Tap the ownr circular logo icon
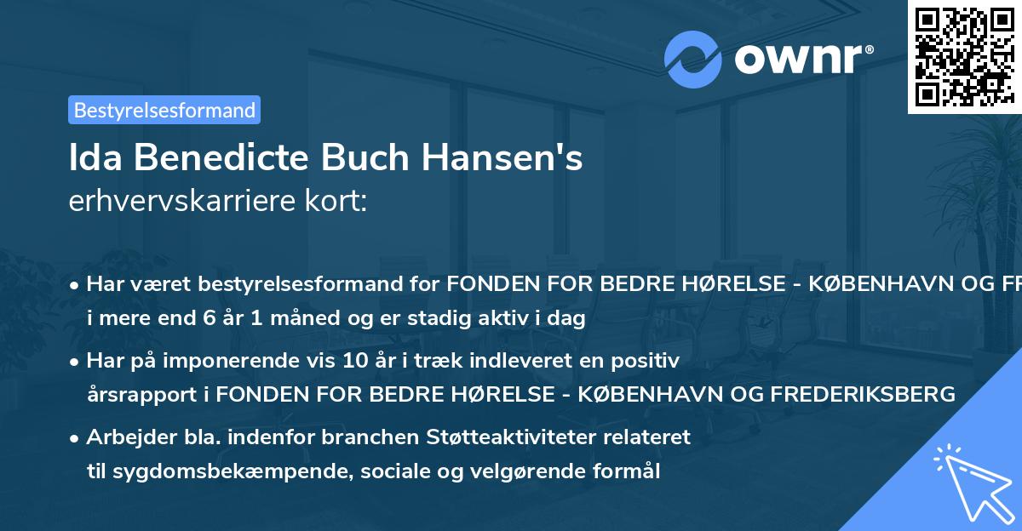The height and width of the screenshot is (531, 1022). click(694, 59)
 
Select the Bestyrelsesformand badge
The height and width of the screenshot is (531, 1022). click(164, 110)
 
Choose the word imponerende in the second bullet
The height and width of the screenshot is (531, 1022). click(258, 361)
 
